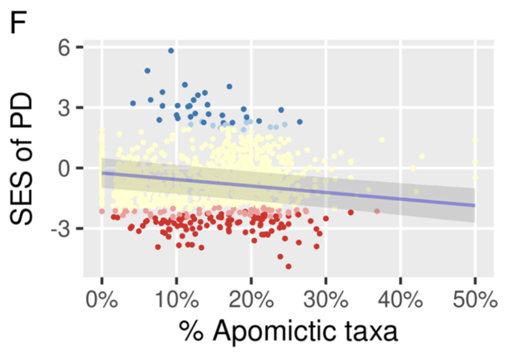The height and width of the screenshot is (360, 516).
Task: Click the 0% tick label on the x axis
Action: pos(102,301)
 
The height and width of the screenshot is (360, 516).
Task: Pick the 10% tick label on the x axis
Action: pos(176,301)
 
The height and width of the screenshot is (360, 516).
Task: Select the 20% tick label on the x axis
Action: pos(251,301)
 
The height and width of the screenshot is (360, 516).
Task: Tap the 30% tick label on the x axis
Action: pos(326,301)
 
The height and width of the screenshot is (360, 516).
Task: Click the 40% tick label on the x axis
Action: pos(400,301)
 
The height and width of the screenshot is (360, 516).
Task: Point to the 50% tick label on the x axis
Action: pos(475,301)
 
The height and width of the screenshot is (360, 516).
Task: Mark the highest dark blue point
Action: pos(171,51)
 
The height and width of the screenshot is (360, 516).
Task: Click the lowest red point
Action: pos(288,266)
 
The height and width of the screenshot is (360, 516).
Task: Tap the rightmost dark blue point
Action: pos(299,122)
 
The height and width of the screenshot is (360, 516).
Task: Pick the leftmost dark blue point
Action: pos(133,103)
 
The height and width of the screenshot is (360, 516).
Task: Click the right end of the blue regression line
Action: pos(474,205)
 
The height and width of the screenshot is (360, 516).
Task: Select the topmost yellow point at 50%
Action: pos(475,140)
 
